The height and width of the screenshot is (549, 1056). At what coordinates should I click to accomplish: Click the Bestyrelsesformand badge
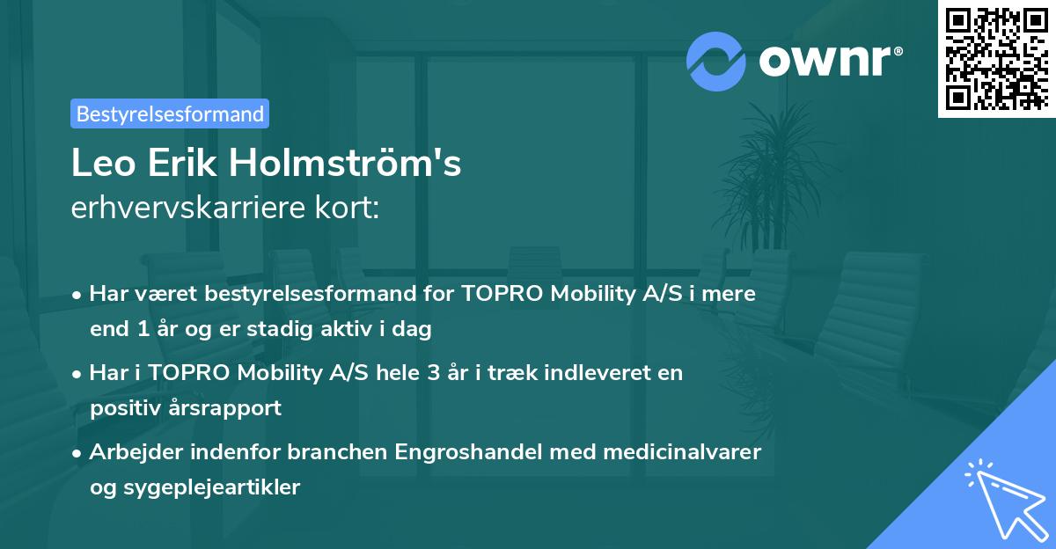click(170, 113)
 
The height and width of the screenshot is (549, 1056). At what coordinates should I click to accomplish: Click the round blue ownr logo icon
click(716, 61)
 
